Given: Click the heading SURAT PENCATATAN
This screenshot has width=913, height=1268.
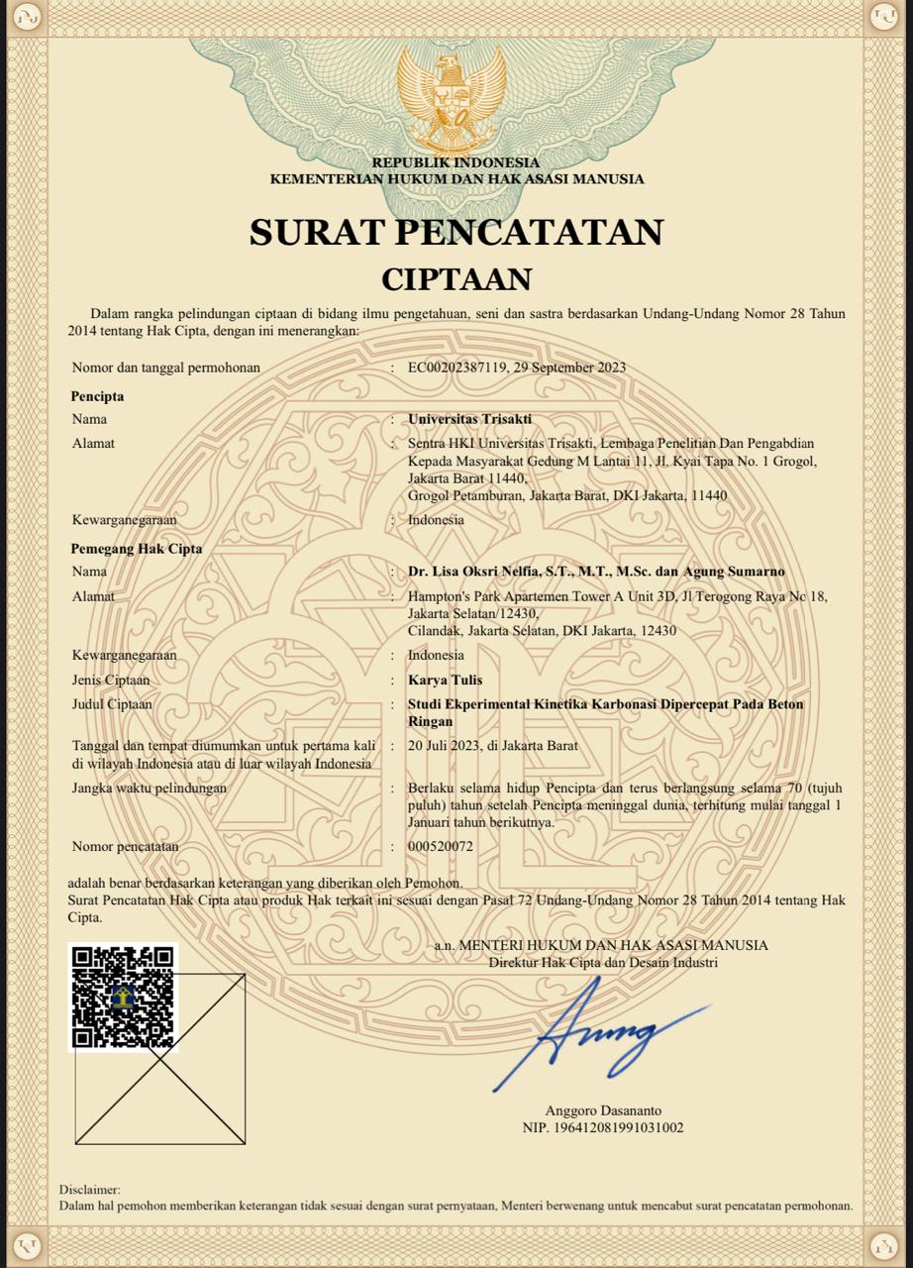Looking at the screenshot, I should [x=456, y=232].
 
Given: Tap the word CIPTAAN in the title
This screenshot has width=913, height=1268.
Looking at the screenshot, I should [x=456, y=279].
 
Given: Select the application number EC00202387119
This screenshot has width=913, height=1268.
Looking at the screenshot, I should [x=457, y=368].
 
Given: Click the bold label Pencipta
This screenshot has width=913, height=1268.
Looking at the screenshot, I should [x=97, y=396].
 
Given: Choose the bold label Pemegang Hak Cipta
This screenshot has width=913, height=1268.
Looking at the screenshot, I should [x=136, y=548].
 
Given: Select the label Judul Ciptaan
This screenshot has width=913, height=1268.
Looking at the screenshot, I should [x=112, y=704].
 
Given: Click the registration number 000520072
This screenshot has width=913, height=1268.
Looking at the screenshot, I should [x=441, y=847].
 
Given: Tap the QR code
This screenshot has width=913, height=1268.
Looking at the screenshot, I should [x=123, y=997].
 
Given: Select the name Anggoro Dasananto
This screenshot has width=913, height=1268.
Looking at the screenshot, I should [x=603, y=1110].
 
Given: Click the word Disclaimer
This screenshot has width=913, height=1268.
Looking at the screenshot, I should [x=89, y=1189].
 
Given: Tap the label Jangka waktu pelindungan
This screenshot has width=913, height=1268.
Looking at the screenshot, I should [x=150, y=789].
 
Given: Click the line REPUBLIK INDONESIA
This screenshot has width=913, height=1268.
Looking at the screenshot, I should [x=456, y=162].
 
